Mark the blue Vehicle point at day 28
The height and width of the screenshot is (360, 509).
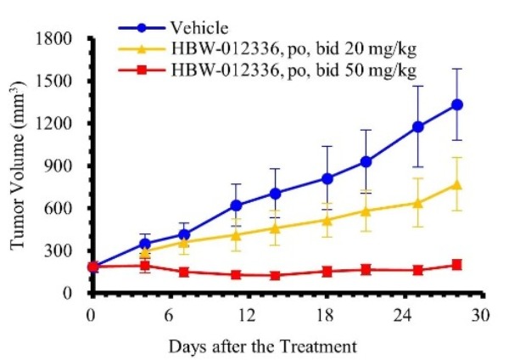(457, 104)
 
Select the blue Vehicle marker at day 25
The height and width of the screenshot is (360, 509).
(418, 127)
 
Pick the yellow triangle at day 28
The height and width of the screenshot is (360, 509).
(457, 184)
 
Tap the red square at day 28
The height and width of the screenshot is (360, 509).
(457, 265)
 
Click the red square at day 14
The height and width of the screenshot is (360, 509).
(275, 275)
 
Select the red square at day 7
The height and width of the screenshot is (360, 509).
(184, 272)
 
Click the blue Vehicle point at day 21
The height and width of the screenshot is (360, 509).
(366, 161)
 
